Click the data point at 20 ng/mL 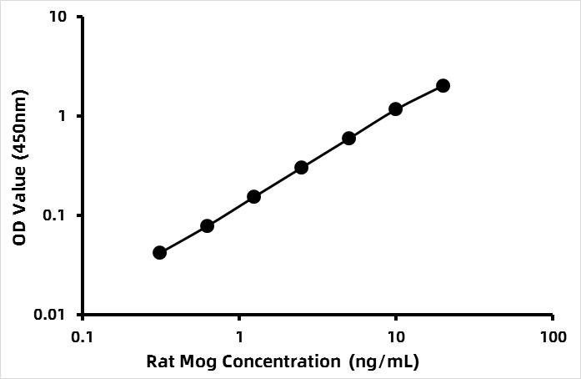(443, 86)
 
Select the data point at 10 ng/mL (396, 109)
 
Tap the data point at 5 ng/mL (348, 139)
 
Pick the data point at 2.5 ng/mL (302, 168)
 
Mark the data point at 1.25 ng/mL (253, 197)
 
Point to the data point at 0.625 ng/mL (207, 225)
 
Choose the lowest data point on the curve (159, 253)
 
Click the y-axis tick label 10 (58, 17)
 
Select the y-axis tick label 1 (62, 116)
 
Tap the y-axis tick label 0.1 (54, 215)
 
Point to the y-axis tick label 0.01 (50, 315)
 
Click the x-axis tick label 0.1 (82, 337)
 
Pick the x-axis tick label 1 (240, 337)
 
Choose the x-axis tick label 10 (396, 337)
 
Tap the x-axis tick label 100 (553, 337)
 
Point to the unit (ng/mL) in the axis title (384, 362)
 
